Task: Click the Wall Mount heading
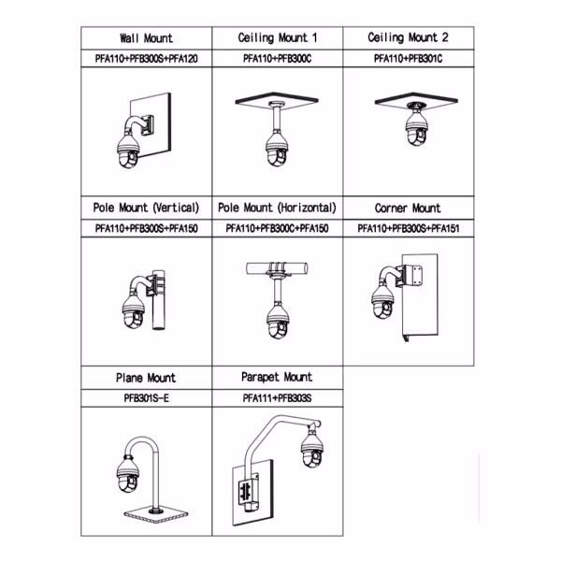pos(147,38)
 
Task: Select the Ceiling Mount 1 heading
pos(278,37)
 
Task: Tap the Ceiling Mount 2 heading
pos(409,37)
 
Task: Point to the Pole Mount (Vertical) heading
pos(147,208)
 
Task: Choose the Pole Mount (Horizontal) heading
pos(278,208)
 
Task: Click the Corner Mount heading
pos(408,208)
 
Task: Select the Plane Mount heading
pos(146,378)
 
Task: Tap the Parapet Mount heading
pos(277,377)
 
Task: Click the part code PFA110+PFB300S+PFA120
pos(147,58)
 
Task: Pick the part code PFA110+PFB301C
pos(409,58)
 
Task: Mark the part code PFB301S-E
pos(147,398)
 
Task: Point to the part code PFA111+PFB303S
pos(277,398)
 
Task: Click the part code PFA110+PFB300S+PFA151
pos(409,228)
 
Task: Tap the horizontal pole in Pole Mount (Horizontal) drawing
pos(277,268)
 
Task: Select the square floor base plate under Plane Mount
pos(156,514)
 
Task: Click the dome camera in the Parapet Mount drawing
pos(312,450)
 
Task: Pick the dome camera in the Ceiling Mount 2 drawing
pos(416,128)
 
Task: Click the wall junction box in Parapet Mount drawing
pos(248,491)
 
